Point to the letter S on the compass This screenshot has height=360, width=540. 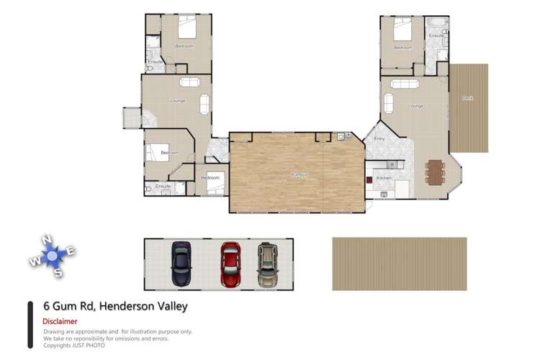(x=58, y=272)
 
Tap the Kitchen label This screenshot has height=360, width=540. (x=384, y=177)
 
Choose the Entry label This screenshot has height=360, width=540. (x=379, y=139)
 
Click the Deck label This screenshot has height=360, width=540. (x=467, y=97)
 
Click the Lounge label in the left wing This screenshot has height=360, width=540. (x=178, y=100)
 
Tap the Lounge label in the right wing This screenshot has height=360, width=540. (x=415, y=106)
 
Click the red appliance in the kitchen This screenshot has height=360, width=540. (x=368, y=180)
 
